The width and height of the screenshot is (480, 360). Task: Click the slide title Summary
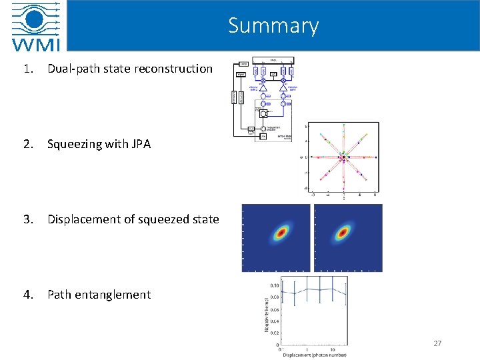(273, 25)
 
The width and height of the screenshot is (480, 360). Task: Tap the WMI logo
(35, 27)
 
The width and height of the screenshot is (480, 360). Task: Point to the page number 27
(437, 343)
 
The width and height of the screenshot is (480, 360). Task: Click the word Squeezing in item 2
(73, 144)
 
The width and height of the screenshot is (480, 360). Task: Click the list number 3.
(25, 219)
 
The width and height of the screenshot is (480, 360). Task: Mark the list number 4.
(25, 295)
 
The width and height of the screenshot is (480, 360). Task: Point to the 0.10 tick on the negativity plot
(274, 285)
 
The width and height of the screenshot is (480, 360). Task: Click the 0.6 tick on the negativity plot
(275, 309)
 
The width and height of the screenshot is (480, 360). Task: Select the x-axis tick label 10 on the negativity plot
(332, 348)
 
